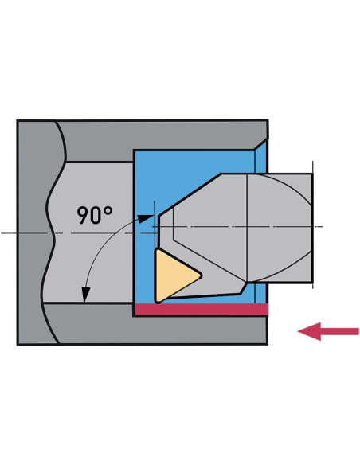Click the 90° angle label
coord(95,215)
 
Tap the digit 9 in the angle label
coord(83,215)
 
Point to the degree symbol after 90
coord(108,211)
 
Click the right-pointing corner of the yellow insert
coord(201,275)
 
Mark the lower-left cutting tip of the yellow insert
coord(158,301)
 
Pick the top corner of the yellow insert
coord(158,251)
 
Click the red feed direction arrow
coord(328,331)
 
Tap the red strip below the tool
coord(202,309)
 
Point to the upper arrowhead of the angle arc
coord(146,218)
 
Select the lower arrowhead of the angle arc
coord(86,295)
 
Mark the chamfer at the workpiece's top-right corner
coord(261,144)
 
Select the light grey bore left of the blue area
coord(89,232)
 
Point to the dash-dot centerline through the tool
coord(237,227)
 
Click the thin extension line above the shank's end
coord(313,167)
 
